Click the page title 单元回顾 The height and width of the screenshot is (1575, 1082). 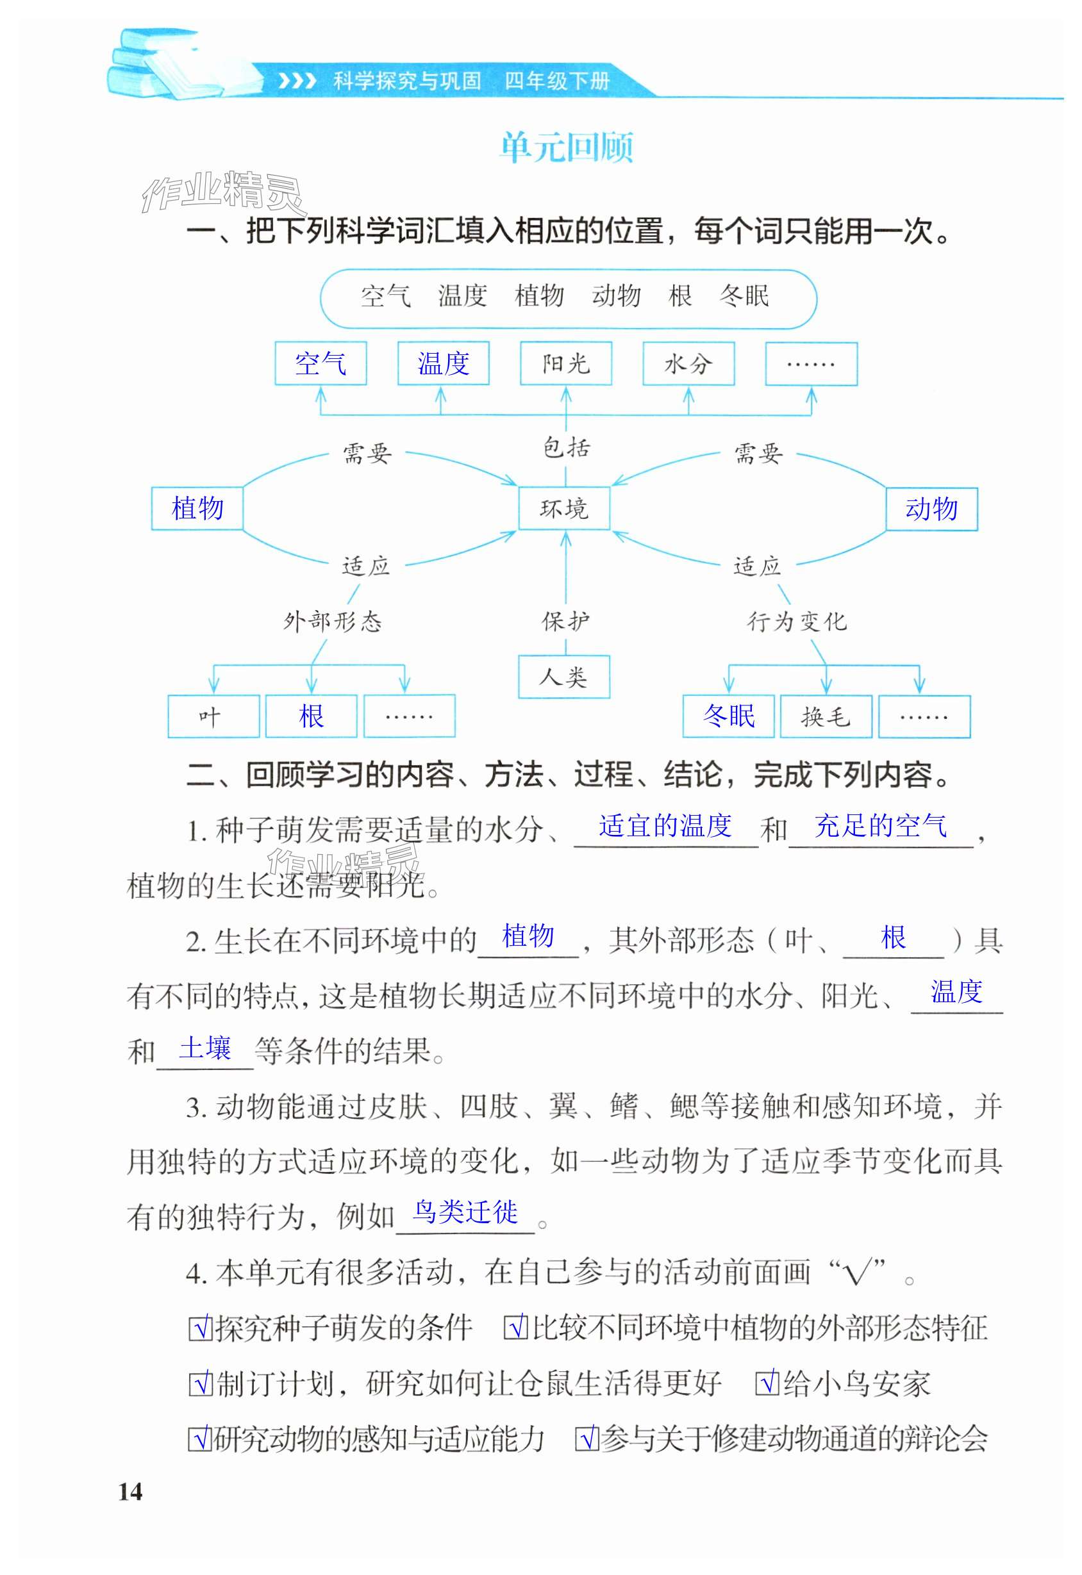(567, 148)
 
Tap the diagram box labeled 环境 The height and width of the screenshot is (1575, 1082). (564, 508)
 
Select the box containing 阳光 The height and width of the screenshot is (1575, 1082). (566, 364)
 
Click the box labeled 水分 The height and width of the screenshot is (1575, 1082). (688, 364)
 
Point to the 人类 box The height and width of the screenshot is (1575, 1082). (564, 677)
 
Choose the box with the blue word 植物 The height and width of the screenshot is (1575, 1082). (197, 508)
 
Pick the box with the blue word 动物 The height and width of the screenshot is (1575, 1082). (931, 508)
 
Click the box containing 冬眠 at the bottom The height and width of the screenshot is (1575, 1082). (728, 716)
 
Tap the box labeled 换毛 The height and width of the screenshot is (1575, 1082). (826, 716)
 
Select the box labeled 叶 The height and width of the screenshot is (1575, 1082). (213, 716)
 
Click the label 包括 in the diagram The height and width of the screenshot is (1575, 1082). (567, 448)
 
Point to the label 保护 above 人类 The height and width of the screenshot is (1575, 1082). (565, 621)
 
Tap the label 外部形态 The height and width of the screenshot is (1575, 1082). (333, 621)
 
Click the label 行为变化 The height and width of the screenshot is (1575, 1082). (797, 621)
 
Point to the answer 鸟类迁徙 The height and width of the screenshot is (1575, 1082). (466, 1212)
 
